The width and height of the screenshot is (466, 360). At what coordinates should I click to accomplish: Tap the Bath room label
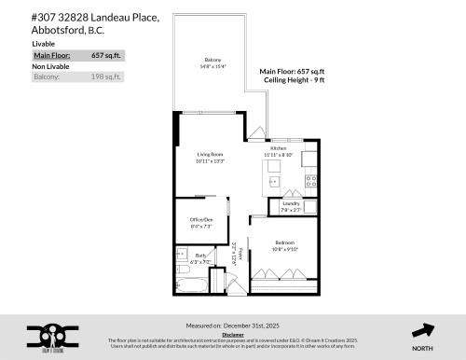[201, 256]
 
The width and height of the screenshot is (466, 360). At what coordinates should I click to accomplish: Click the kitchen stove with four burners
[310, 181]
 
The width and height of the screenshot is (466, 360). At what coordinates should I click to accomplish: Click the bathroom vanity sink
[181, 255]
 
